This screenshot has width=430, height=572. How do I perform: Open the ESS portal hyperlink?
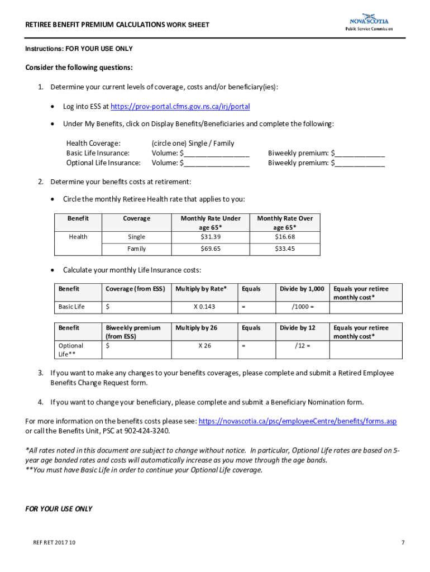click(x=180, y=107)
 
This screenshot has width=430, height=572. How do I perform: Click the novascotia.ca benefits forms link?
click(x=297, y=421)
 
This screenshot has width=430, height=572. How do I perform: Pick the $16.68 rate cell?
click(x=285, y=237)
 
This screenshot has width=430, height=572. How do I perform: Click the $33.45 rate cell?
click(x=285, y=249)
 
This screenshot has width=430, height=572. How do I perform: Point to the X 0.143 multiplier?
click(x=204, y=307)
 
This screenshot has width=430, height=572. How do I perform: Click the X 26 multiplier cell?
click(x=204, y=346)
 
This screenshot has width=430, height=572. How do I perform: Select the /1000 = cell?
click(x=302, y=307)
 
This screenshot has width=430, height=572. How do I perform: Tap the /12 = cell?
click(x=302, y=346)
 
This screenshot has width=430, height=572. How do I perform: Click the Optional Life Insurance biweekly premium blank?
click(x=359, y=164)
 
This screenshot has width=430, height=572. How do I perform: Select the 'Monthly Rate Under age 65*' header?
click(x=211, y=223)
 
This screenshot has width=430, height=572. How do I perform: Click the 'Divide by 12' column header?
click(x=297, y=328)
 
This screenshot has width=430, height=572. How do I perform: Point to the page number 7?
click(x=402, y=542)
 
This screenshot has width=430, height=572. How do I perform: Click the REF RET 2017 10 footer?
click(x=54, y=542)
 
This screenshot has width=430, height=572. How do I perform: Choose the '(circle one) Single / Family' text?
click(x=193, y=144)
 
